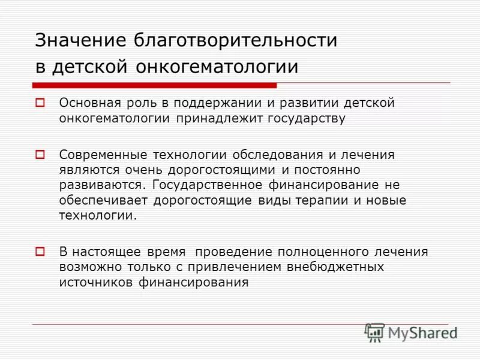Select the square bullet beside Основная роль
point(40,103)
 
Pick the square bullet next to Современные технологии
point(40,155)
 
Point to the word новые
point(388,200)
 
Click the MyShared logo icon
point(375,332)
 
